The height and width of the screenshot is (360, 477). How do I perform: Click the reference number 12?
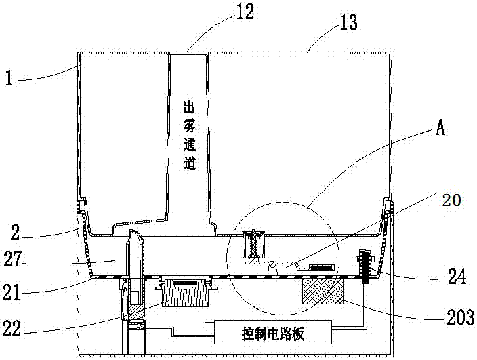(245, 12)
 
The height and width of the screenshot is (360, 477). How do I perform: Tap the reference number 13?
(348, 22)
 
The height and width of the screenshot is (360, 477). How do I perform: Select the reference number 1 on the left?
(9, 79)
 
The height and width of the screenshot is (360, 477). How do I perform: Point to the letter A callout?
(440, 127)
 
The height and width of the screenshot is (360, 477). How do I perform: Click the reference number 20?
(452, 200)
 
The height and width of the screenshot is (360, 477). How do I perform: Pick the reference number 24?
(456, 277)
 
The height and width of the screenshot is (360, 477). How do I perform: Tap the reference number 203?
(460, 317)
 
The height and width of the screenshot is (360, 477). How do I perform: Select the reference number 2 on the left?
(15, 233)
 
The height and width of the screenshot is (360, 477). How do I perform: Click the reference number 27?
(13, 259)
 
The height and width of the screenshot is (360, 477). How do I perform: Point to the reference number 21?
(12, 292)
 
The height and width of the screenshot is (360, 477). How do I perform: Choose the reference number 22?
(12, 328)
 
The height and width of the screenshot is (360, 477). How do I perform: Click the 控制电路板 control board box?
(273, 332)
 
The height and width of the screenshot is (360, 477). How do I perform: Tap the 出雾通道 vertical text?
(189, 136)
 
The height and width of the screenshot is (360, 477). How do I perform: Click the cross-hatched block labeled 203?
(323, 291)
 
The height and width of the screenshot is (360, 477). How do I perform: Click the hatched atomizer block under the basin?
(185, 293)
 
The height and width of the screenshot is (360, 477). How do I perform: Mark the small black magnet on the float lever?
(322, 268)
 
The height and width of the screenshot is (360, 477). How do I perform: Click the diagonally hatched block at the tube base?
(136, 313)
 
